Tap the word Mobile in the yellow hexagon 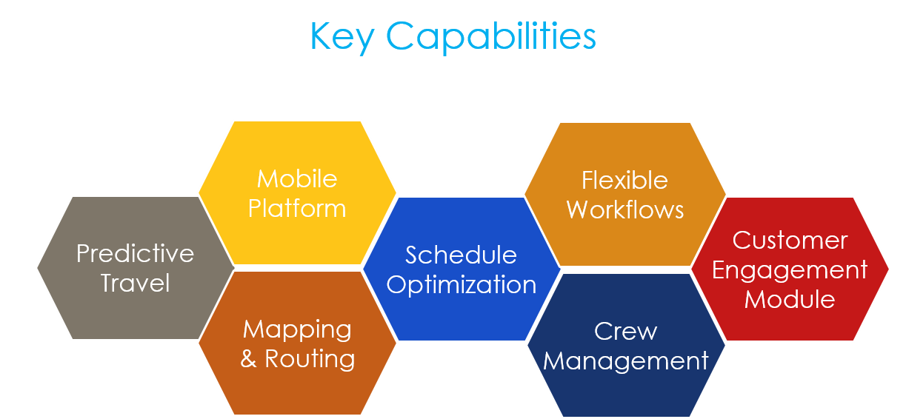[x=297, y=178]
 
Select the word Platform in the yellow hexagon [x=297, y=208]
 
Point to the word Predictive [x=135, y=253]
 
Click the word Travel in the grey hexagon [x=135, y=283]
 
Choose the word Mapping [x=297, y=329]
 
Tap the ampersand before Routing [x=249, y=359]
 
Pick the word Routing [x=310, y=359]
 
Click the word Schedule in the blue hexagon [x=461, y=255]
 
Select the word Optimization [x=461, y=285]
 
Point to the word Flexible [x=624, y=180]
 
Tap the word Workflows [x=624, y=209]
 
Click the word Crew [x=625, y=331]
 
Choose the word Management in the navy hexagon [x=625, y=361]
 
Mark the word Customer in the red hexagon [x=790, y=240]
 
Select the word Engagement [x=790, y=269]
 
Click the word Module [x=790, y=299]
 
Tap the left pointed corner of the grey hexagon [x=37, y=267]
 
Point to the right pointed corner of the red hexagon [x=889, y=269]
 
